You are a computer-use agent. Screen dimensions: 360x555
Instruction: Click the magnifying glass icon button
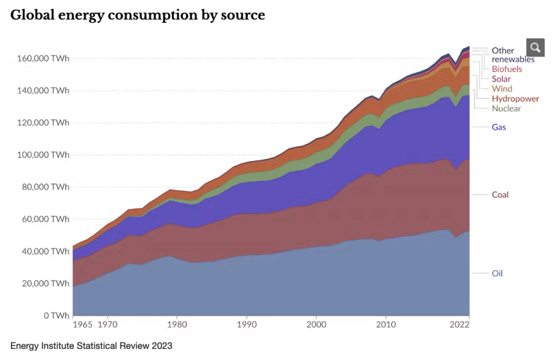coord(535,47)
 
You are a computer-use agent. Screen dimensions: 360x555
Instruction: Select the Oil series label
coord(497,273)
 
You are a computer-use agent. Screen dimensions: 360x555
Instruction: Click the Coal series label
coord(500,195)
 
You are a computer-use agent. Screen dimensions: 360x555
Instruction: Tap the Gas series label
coord(499,127)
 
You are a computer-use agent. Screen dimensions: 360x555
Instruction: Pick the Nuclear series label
coord(506,108)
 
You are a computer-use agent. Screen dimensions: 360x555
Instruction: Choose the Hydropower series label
coord(515,99)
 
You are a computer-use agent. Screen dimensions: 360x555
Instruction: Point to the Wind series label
coord(502,89)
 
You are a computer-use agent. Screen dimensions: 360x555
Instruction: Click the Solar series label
coord(501,79)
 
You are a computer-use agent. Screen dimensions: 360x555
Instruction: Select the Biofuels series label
coord(507,69)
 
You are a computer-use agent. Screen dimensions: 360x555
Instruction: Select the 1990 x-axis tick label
coord(247,324)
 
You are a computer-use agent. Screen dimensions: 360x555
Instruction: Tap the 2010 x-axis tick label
coord(386,324)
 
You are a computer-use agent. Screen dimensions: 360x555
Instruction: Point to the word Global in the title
coord(31,15)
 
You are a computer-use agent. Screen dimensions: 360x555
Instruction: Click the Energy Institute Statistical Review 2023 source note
coord(91,346)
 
